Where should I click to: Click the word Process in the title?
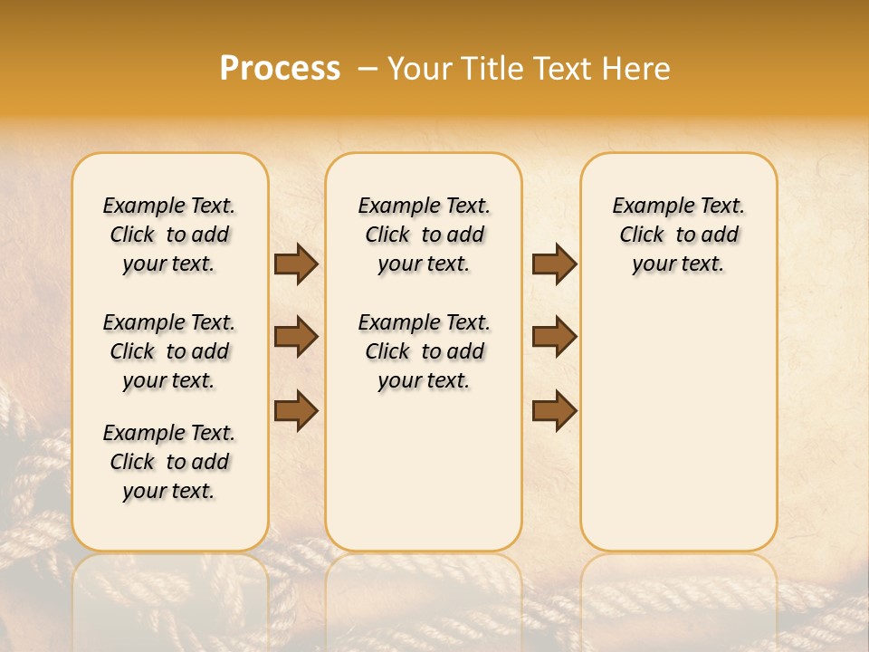[280, 69]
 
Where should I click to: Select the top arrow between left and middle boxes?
[296, 264]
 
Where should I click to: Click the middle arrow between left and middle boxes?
[296, 337]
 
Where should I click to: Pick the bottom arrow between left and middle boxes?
[296, 411]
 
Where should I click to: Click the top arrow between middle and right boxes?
[554, 264]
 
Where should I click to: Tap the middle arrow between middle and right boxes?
[554, 337]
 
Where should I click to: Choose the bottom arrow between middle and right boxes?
[554, 411]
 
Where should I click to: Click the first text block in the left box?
[169, 235]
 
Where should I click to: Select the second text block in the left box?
[169, 351]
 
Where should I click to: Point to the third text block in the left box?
[169, 462]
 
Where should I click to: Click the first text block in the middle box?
[424, 235]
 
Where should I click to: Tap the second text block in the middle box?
[424, 351]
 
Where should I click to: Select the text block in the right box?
[678, 235]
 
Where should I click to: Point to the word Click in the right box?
[642, 235]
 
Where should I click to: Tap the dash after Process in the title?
[367, 69]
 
